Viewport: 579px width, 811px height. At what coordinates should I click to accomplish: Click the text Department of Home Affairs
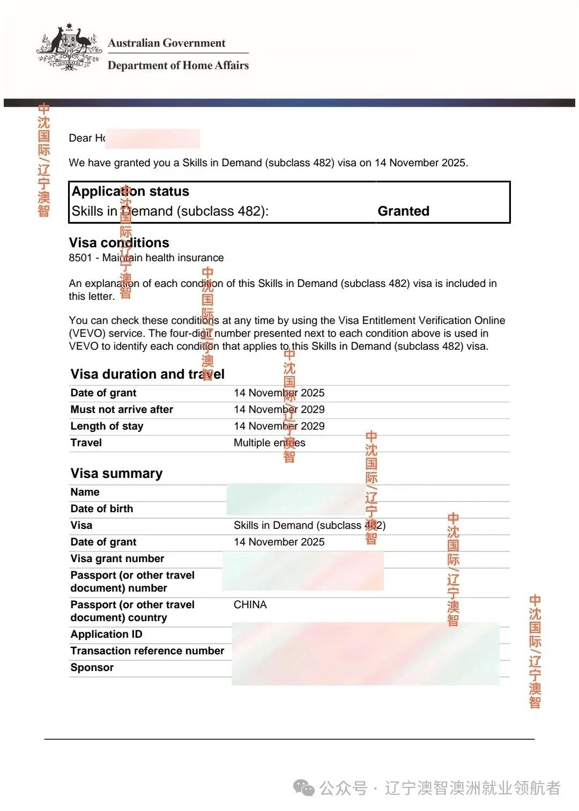(x=178, y=65)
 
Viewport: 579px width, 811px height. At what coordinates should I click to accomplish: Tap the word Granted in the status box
(x=403, y=211)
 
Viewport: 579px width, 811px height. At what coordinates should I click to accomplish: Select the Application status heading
(x=130, y=191)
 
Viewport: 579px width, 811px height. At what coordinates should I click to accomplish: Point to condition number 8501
(x=80, y=257)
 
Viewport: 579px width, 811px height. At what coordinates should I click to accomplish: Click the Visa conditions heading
(x=119, y=242)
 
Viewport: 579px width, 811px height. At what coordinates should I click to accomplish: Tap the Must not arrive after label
(x=122, y=409)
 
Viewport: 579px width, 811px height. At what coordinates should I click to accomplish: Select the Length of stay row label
(x=107, y=426)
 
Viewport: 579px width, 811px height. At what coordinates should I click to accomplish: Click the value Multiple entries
(x=269, y=443)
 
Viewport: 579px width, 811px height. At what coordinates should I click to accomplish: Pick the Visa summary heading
(x=116, y=473)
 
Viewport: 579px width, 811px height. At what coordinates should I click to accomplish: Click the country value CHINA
(x=250, y=604)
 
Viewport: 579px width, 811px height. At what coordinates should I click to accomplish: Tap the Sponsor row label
(x=92, y=667)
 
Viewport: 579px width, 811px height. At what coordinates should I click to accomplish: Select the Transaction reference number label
(x=147, y=651)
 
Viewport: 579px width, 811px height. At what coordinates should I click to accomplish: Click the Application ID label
(x=106, y=634)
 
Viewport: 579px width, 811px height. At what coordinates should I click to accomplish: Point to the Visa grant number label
(x=117, y=558)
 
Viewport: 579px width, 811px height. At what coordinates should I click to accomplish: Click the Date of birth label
(x=101, y=508)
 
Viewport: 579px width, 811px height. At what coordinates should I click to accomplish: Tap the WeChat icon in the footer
(x=304, y=788)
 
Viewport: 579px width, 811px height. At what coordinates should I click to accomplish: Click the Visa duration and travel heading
(x=147, y=374)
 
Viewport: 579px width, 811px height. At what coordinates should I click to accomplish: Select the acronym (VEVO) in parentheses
(x=87, y=333)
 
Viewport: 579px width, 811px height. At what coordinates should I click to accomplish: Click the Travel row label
(x=86, y=443)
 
